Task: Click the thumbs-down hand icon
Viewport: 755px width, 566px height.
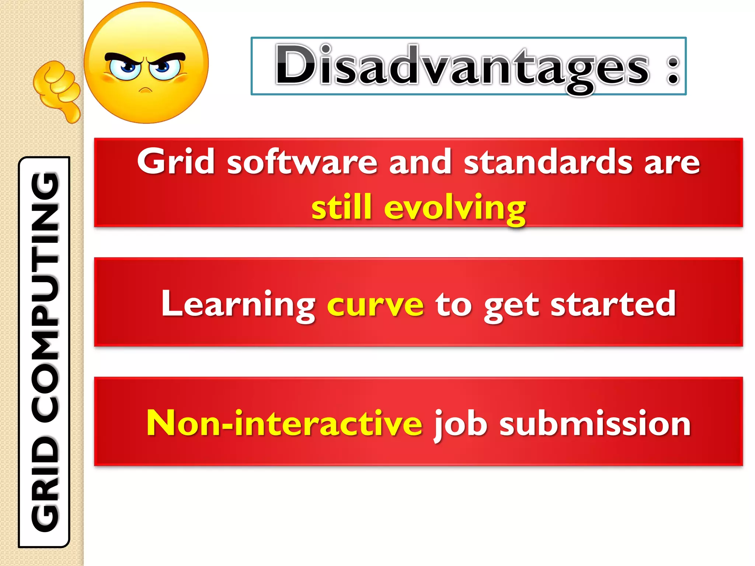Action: point(57,90)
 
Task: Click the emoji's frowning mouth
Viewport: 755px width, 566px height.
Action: point(146,90)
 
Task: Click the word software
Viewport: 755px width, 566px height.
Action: point(302,162)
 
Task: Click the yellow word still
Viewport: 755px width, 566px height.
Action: point(341,207)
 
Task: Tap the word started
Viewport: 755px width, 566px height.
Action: point(613,304)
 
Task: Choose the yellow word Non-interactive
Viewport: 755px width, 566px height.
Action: point(284,424)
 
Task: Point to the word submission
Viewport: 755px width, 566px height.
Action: point(595,424)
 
